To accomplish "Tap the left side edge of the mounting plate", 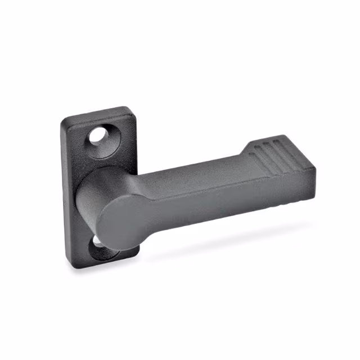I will tap(66, 191).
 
